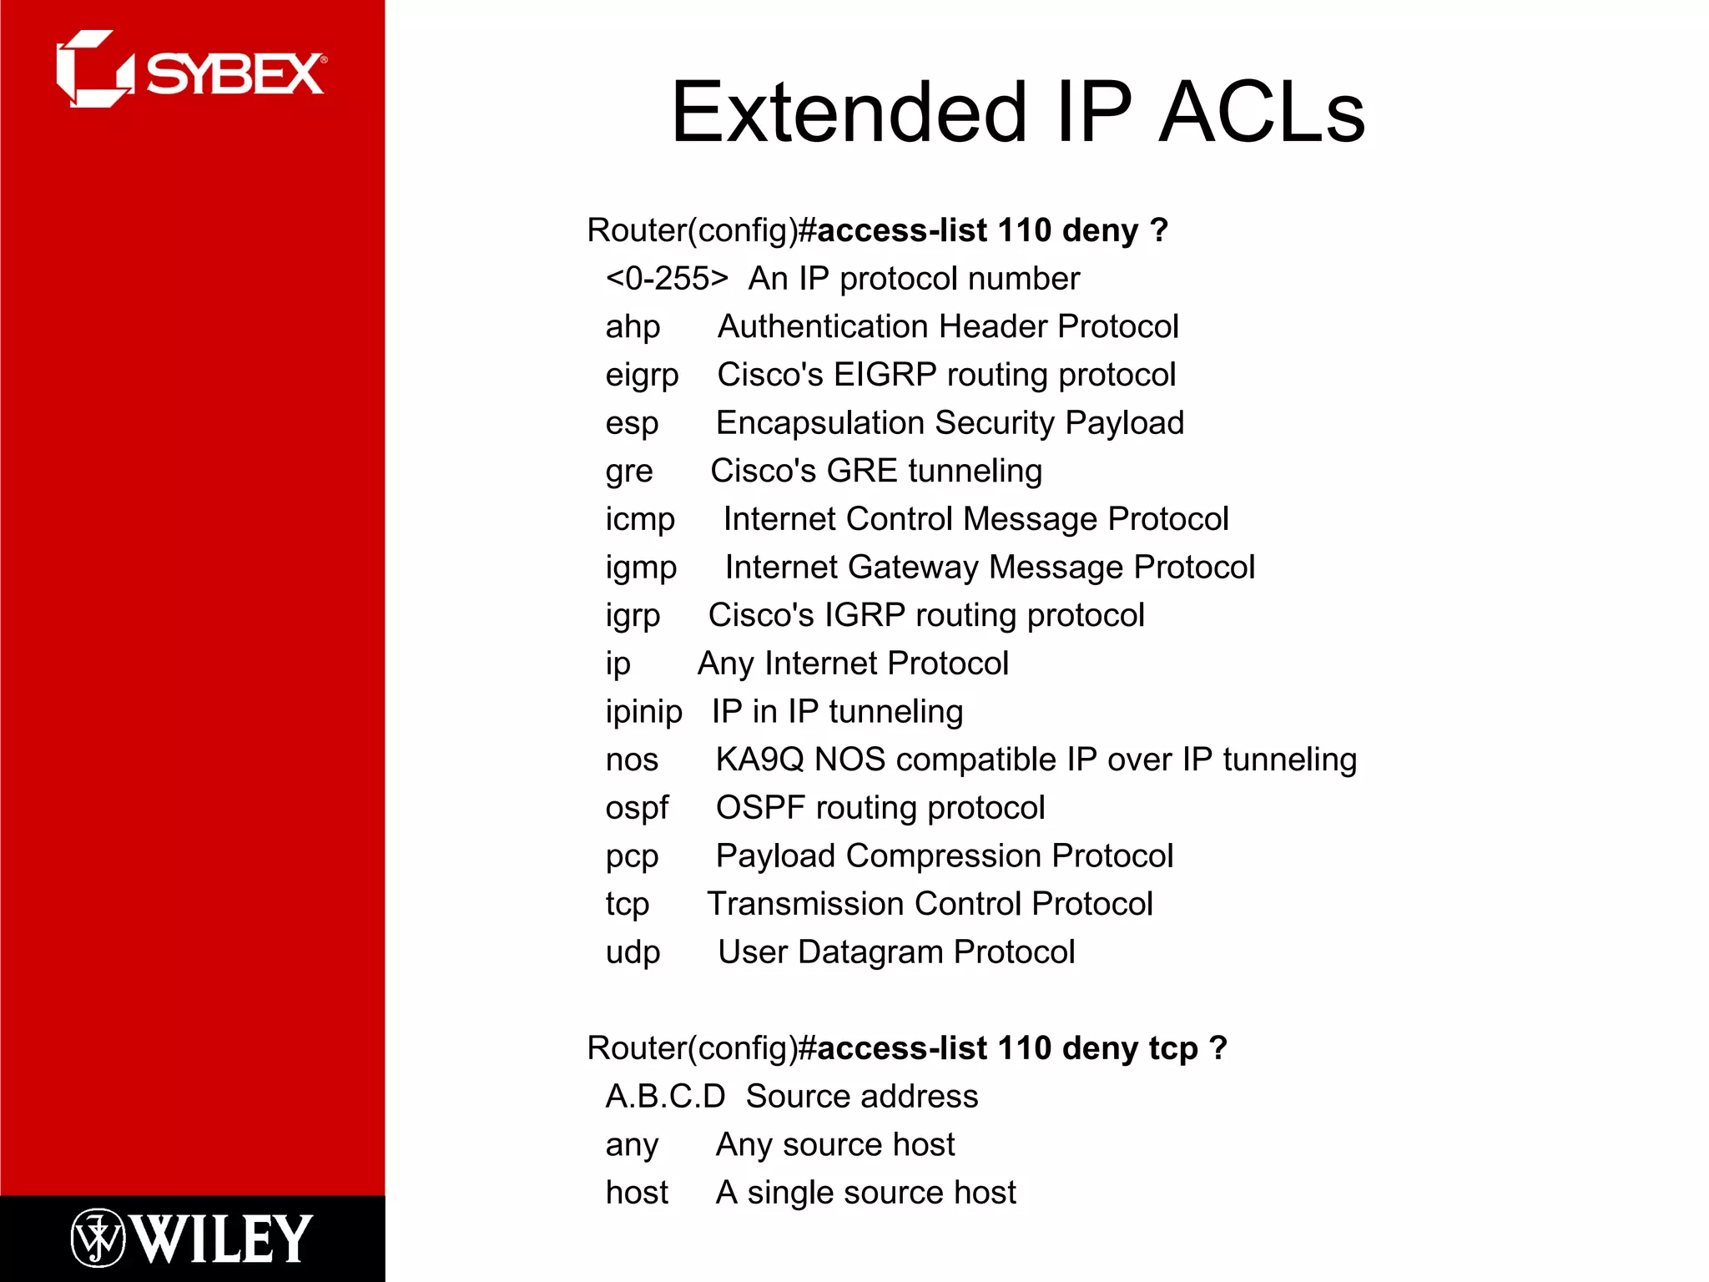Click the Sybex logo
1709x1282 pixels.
pyautogui.click(x=191, y=70)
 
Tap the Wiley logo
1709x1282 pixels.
pyautogui.click(x=191, y=1238)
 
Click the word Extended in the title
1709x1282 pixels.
pyautogui.click(x=849, y=113)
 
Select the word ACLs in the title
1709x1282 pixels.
pyautogui.click(x=1262, y=113)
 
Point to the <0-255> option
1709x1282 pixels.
pyautogui.click(x=667, y=279)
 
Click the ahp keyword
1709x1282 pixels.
pyautogui.click(x=633, y=327)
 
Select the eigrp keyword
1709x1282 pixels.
pyautogui.click(x=642, y=376)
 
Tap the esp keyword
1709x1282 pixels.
pyautogui.click(x=632, y=424)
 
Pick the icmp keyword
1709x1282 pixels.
pyautogui.click(x=640, y=519)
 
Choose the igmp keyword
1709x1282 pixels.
pyautogui.click(x=641, y=568)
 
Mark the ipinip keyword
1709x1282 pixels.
pyautogui.click(x=643, y=712)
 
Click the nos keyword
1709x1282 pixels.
pyautogui.click(x=632, y=760)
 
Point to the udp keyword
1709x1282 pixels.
pyautogui.click(x=633, y=952)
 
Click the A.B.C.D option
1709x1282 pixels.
pyautogui.click(x=665, y=1097)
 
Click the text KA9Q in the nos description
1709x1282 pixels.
pyautogui.click(x=759, y=760)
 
